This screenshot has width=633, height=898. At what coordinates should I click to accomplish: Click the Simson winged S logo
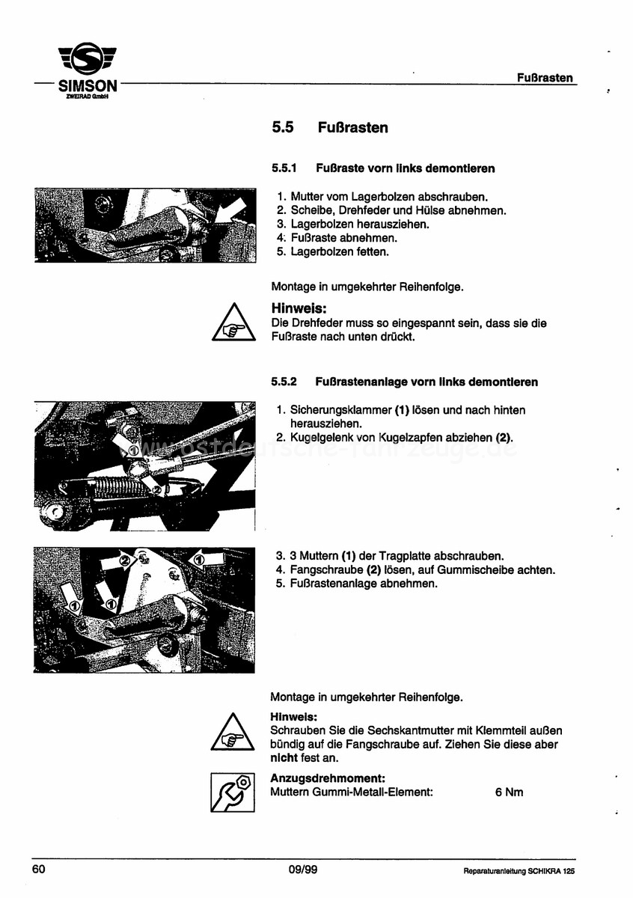[x=88, y=59]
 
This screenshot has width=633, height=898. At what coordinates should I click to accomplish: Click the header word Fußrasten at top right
[x=545, y=78]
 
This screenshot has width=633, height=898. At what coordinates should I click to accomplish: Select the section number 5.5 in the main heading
[x=282, y=128]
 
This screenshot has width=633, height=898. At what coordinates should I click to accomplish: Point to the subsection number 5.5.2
[x=284, y=382]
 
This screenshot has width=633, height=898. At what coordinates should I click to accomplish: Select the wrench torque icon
[x=233, y=792]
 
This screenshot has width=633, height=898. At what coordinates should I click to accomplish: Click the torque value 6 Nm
[x=509, y=792]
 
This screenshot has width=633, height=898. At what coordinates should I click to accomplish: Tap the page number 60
[x=39, y=869]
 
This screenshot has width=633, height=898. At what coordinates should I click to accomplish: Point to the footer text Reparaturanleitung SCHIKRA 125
[x=519, y=871]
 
